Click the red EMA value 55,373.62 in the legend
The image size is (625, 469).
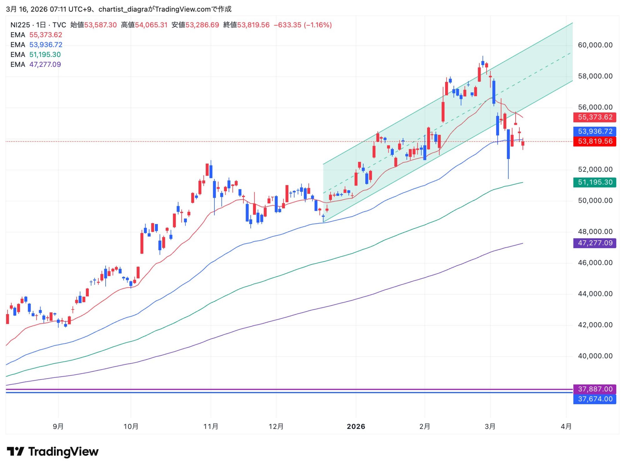(x=46, y=35)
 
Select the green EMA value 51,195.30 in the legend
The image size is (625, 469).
(x=45, y=54)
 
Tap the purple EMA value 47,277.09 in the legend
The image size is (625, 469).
(x=45, y=64)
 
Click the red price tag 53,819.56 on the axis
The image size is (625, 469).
(x=594, y=141)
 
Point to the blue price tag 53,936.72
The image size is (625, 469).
(x=594, y=131)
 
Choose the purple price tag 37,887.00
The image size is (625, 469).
(x=594, y=389)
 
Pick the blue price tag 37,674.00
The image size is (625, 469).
(x=594, y=399)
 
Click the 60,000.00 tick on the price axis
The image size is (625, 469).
(x=595, y=45)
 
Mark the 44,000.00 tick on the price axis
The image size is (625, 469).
(x=595, y=294)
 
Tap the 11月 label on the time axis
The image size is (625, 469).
(x=211, y=426)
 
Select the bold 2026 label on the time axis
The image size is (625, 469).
(x=356, y=426)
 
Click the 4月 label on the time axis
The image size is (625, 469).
(x=566, y=426)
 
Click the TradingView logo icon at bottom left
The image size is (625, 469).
(x=15, y=451)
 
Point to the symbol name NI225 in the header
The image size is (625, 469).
(x=20, y=25)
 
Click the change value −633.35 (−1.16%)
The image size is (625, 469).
(x=302, y=25)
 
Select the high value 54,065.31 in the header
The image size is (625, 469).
(x=151, y=25)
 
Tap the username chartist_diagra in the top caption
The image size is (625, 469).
(x=123, y=9)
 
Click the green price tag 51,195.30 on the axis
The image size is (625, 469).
(x=594, y=182)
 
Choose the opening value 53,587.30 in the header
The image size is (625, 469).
(x=100, y=25)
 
